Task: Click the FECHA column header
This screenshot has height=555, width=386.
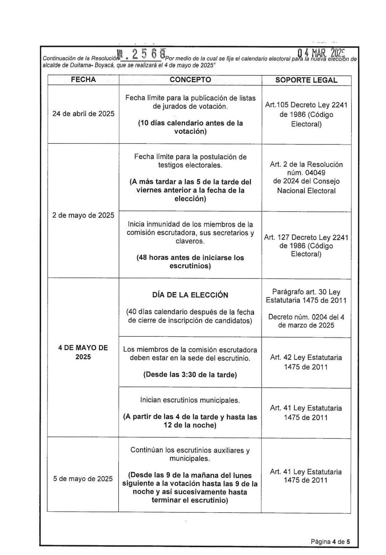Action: [x=83, y=80]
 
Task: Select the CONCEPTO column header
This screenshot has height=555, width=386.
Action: [x=190, y=80]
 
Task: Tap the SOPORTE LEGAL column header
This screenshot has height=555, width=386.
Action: [x=306, y=80]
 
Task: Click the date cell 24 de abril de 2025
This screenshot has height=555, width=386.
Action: [x=83, y=114]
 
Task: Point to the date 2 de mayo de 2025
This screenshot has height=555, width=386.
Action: [x=83, y=215]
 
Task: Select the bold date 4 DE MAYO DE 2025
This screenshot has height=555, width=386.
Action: [x=83, y=352]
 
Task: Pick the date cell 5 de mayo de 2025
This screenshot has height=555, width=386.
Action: [x=83, y=478]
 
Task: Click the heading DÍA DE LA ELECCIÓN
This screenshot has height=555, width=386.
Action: [x=190, y=295]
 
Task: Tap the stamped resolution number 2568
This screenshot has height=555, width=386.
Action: [x=148, y=54]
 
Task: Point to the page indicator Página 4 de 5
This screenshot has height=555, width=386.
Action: [x=330, y=541]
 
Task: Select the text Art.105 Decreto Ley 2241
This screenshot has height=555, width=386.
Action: [x=306, y=105]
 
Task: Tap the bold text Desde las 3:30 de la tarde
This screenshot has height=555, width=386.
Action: [x=190, y=375]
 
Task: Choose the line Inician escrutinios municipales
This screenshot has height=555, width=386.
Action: [x=190, y=400]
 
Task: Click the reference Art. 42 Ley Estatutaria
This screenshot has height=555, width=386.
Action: [x=306, y=357]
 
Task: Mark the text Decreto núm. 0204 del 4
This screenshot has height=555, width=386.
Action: [x=306, y=317]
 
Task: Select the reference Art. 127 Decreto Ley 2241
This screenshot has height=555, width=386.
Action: [x=306, y=237]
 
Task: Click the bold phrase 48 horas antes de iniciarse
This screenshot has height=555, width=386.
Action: [x=190, y=258]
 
